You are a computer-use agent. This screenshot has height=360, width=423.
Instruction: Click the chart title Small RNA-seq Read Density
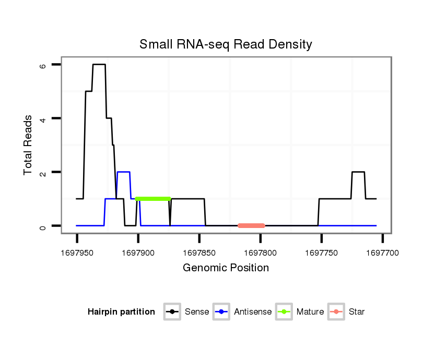pos(226,44)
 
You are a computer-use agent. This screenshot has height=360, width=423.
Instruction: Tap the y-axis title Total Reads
pos(28,145)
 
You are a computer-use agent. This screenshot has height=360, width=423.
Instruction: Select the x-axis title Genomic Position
pos(226,268)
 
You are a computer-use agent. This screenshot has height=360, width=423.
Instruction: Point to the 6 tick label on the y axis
pos(43,65)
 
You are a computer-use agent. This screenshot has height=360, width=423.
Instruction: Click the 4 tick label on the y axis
pos(43,119)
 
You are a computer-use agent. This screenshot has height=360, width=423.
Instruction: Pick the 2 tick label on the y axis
pos(43,173)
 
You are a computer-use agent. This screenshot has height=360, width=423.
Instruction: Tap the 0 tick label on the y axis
pos(43,226)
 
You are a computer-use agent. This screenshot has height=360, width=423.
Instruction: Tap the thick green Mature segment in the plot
pos(153,199)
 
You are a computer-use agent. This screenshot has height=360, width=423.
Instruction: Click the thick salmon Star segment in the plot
pos(251,226)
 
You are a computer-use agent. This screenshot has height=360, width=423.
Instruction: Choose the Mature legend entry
pos(300,312)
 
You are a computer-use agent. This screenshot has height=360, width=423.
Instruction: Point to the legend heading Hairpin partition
pos(121,312)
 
